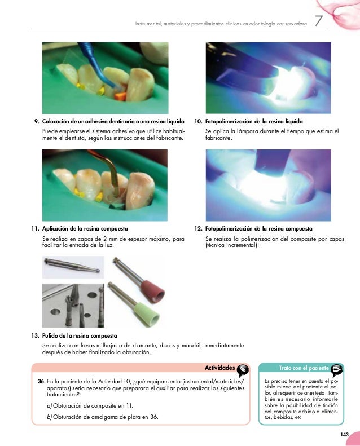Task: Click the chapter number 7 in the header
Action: click(x=319, y=21)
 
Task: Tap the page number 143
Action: click(x=344, y=434)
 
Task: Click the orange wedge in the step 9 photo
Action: click(x=120, y=96)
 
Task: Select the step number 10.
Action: click(x=198, y=121)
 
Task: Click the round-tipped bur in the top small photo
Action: click(x=72, y=266)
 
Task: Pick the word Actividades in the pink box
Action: click(x=219, y=368)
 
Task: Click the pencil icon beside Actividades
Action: click(x=243, y=370)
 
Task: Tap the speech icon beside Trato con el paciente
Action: click(x=337, y=369)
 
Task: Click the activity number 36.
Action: click(x=41, y=381)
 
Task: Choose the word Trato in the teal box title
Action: click(x=285, y=368)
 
